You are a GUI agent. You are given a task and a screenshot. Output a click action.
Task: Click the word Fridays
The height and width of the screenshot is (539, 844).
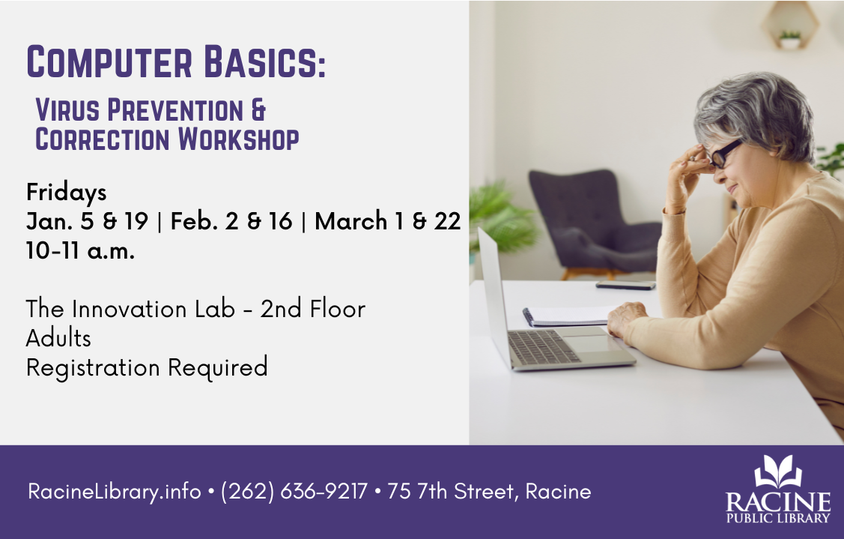point(66,193)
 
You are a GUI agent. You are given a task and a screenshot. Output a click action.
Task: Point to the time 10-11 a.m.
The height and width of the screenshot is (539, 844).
point(80,250)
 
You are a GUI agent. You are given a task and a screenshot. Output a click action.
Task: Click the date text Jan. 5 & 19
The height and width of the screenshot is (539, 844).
point(87,222)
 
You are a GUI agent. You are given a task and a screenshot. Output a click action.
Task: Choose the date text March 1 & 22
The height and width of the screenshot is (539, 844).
point(387,222)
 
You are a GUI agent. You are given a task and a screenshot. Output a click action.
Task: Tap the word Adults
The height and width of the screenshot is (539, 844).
point(58,338)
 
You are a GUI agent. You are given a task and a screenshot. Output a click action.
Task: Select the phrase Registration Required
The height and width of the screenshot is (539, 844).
point(147,367)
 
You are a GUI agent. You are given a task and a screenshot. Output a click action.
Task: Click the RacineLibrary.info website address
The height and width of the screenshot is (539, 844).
point(114,492)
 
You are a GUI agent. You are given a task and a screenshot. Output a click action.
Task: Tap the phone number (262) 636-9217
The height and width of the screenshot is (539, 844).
point(294,492)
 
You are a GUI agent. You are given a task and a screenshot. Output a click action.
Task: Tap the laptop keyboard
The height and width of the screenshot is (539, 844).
point(544,346)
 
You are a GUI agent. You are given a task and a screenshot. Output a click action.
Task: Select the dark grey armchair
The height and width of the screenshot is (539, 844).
point(592,217)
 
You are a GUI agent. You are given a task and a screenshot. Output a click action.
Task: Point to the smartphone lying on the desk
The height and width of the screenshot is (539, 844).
point(625,285)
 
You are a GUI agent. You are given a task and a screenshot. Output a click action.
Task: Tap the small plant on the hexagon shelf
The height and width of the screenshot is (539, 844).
point(789,38)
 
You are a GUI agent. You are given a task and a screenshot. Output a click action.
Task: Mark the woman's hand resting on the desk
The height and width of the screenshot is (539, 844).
point(628,319)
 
